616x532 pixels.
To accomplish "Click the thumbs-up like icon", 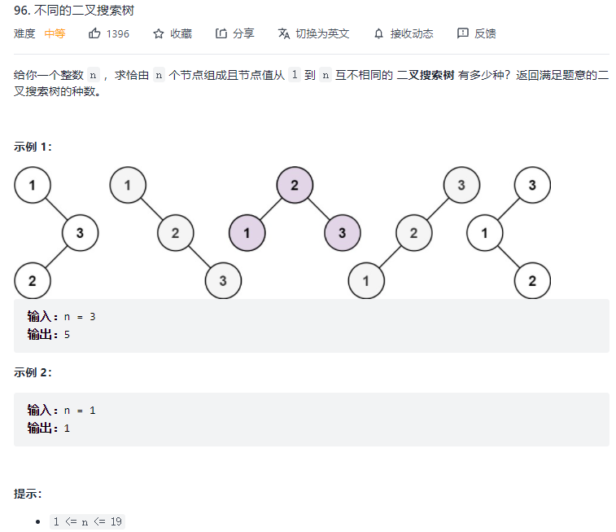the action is pyautogui.click(x=94, y=33).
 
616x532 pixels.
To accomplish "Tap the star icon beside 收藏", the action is pyautogui.click(x=159, y=33).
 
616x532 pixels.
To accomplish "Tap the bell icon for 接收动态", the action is pyautogui.click(x=378, y=33).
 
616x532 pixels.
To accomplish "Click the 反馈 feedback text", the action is pyautogui.click(x=485, y=33).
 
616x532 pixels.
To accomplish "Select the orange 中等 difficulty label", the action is pyautogui.click(x=55, y=33).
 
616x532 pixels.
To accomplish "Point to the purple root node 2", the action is pyautogui.click(x=295, y=185).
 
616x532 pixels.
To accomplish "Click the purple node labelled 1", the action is pyautogui.click(x=247, y=233).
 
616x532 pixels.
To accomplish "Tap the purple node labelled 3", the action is pyautogui.click(x=343, y=233).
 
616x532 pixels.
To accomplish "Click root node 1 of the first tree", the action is pyautogui.click(x=32, y=185).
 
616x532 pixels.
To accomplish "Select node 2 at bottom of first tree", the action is pyautogui.click(x=32, y=281).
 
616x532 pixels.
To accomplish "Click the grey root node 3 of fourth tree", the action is pyautogui.click(x=461, y=185).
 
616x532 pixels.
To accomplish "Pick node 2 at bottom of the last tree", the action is pyautogui.click(x=532, y=281).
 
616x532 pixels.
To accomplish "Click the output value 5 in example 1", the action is pyautogui.click(x=68, y=334).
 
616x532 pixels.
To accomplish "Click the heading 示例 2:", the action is pyautogui.click(x=33, y=372).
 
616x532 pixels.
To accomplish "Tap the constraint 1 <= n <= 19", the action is pyautogui.click(x=88, y=521).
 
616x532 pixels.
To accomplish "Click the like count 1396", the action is pyautogui.click(x=118, y=33).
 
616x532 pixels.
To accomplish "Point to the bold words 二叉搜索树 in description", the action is pyautogui.click(x=425, y=75).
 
